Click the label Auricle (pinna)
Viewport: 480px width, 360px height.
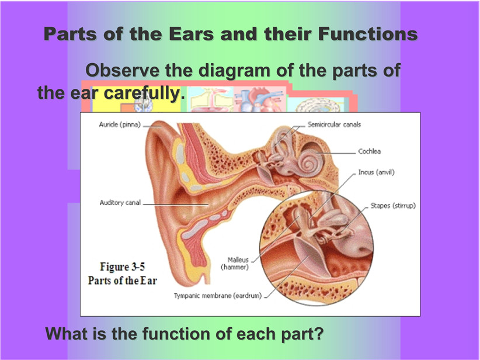pyautogui.click(x=120, y=124)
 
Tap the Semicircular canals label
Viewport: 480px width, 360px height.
pyautogui.click(x=334, y=124)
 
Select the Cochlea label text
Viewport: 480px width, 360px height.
pyautogui.click(x=370, y=151)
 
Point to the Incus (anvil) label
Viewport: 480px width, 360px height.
pyautogui.click(x=377, y=172)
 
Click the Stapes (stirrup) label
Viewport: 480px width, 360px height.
pyautogui.click(x=393, y=206)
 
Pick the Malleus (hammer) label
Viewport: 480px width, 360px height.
pyautogui.click(x=235, y=264)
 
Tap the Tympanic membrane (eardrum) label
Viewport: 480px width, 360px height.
pyautogui.click(x=218, y=296)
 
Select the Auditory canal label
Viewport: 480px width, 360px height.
pyautogui.click(x=120, y=203)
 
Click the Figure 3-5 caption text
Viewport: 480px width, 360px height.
pyautogui.click(x=123, y=266)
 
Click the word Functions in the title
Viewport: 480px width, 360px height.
pyautogui.click(x=368, y=34)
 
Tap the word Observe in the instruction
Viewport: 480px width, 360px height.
pyautogui.click(x=123, y=70)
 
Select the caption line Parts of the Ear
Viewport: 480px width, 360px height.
pyautogui.click(x=123, y=281)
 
